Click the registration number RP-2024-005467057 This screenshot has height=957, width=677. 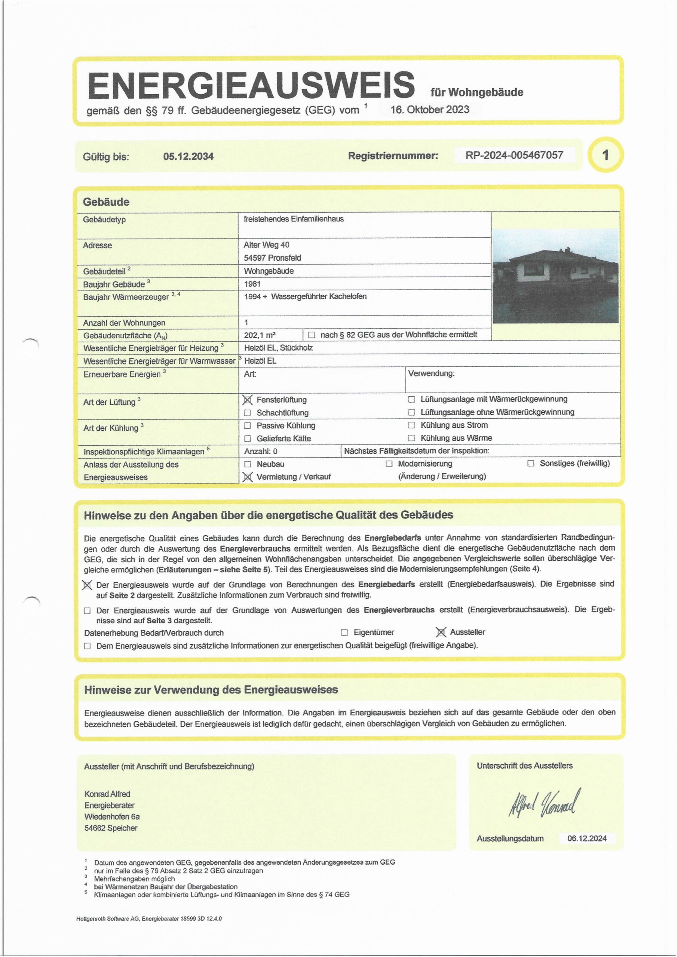click(514, 156)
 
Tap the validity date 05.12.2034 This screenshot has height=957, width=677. click(189, 156)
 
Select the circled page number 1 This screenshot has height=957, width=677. click(605, 155)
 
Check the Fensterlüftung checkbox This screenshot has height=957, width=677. click(248, 400)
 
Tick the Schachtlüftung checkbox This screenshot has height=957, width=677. click(248, 413)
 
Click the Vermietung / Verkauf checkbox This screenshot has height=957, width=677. click(248, 477)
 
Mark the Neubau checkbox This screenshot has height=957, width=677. click(248, 464)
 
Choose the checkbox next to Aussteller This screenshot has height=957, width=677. click(441, 632)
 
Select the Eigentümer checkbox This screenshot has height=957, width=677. click(344, 632)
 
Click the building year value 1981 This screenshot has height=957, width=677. click(252, 284)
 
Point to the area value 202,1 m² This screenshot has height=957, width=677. click(260, 335)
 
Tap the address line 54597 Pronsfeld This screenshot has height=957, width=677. click(272, 258)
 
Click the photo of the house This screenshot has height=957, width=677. click(555, 276)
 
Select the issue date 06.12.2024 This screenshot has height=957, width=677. click(587, 838)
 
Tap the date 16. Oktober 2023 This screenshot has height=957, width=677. click(430, 110)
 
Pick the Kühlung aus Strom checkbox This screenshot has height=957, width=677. click(412, 425)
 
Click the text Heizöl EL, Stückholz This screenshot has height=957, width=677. click(278, 348)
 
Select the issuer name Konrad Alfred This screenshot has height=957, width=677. click(107, 794)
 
